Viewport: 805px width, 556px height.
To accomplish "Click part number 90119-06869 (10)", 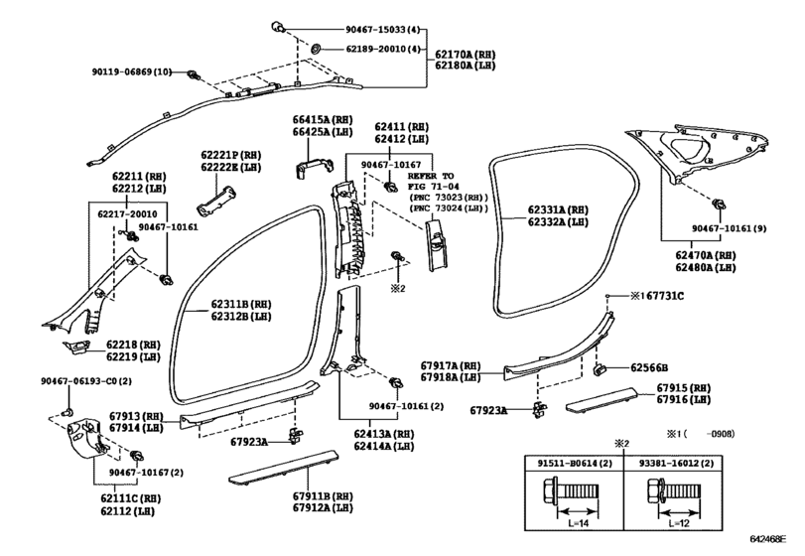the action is point(132,72).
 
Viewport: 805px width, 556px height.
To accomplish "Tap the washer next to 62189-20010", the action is point(316,49).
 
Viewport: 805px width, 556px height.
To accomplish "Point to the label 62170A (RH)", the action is point(466,55).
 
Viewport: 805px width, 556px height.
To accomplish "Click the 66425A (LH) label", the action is point(323,132).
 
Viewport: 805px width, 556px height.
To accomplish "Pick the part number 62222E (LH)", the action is point(230,168).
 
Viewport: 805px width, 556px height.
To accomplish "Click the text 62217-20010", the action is point(127,214).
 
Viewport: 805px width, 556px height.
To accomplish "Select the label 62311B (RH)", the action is point(241,305).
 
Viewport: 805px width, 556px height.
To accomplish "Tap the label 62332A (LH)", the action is point(558,222).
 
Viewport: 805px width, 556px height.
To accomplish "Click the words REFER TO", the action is point(431,176).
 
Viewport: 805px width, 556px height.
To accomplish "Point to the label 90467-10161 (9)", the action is point(729,228).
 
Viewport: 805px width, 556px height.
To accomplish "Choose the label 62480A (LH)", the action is point(706,267).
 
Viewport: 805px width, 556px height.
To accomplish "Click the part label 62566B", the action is point(649,368).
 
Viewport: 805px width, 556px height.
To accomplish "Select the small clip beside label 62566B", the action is point(600,368).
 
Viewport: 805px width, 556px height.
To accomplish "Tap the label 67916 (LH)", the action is point(683,399).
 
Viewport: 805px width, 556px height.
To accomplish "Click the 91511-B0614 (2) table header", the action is point(575,463).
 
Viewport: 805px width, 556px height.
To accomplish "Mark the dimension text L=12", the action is point(679,523).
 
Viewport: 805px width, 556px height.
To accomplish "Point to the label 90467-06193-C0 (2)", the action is point(86,381).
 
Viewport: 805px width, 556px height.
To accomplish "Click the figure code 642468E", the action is point(768,539).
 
